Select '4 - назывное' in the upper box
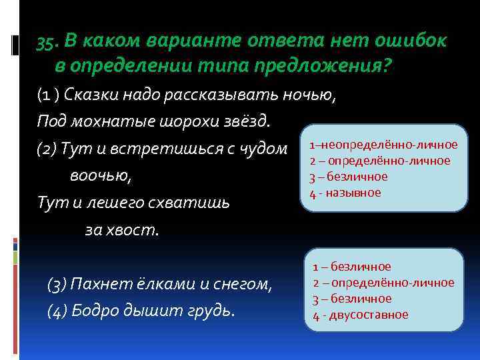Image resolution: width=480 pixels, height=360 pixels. [345, 193]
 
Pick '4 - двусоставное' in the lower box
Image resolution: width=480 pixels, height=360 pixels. [361, 315]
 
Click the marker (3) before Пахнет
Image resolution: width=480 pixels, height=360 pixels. [57, 285]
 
